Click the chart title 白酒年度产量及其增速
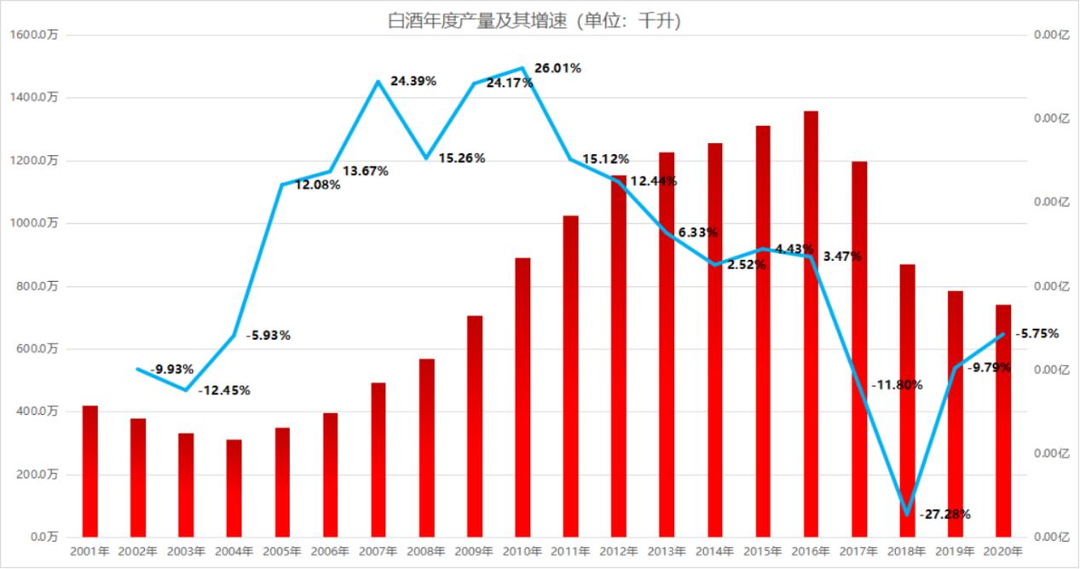click(534, 21)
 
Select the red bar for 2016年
click(811, 324)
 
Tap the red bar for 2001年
click(90, 471)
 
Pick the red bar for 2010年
click(523, 397)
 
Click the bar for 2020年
click(1003, 421)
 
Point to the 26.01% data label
click(557, 68)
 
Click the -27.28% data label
click(944, 514)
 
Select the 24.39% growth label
click(413, 81)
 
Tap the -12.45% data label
click(224, 391)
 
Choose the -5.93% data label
click(268, 336)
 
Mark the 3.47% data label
click(843, 256)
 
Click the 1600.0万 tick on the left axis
click(34, 35)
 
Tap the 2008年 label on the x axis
click(426, 552)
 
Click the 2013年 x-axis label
click(667, 552)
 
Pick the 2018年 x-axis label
click(907, 552)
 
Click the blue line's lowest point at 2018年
click(907, 514)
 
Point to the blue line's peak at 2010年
click(523, 68)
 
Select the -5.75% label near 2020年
click(1036, 334)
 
